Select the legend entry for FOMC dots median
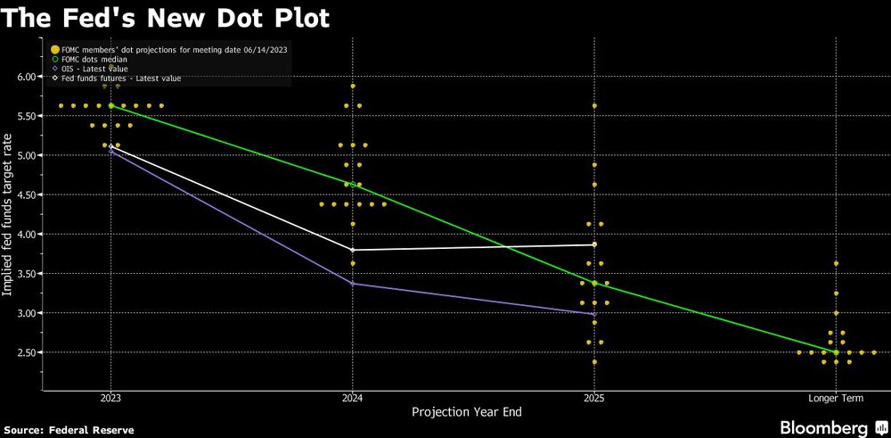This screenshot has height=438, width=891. pos(94,58)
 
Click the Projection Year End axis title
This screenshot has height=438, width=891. pos(466,412)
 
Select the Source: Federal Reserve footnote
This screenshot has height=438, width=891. pos(69,430)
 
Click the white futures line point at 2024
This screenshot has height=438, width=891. pos(353,250)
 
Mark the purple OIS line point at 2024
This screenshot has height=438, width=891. pos(353,284)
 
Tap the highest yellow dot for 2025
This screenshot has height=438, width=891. pos(594,105)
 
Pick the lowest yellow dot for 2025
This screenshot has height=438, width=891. pos(594,362)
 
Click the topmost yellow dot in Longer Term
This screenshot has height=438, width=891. pos(836,264)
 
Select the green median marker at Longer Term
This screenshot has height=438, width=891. pos(836,352)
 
